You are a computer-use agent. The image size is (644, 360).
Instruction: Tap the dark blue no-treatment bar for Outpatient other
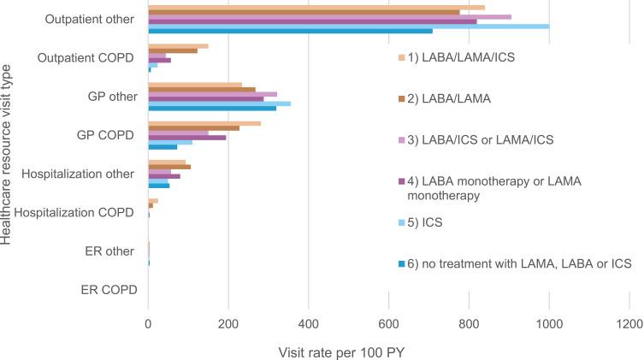point(290,31)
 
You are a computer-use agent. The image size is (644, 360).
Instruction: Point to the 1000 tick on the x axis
point(549,323)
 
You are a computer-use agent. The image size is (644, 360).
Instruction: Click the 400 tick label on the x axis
point(309,323)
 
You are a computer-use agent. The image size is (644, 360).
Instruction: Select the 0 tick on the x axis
point(148,323)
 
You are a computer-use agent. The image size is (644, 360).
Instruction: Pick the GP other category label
point(112,97)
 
